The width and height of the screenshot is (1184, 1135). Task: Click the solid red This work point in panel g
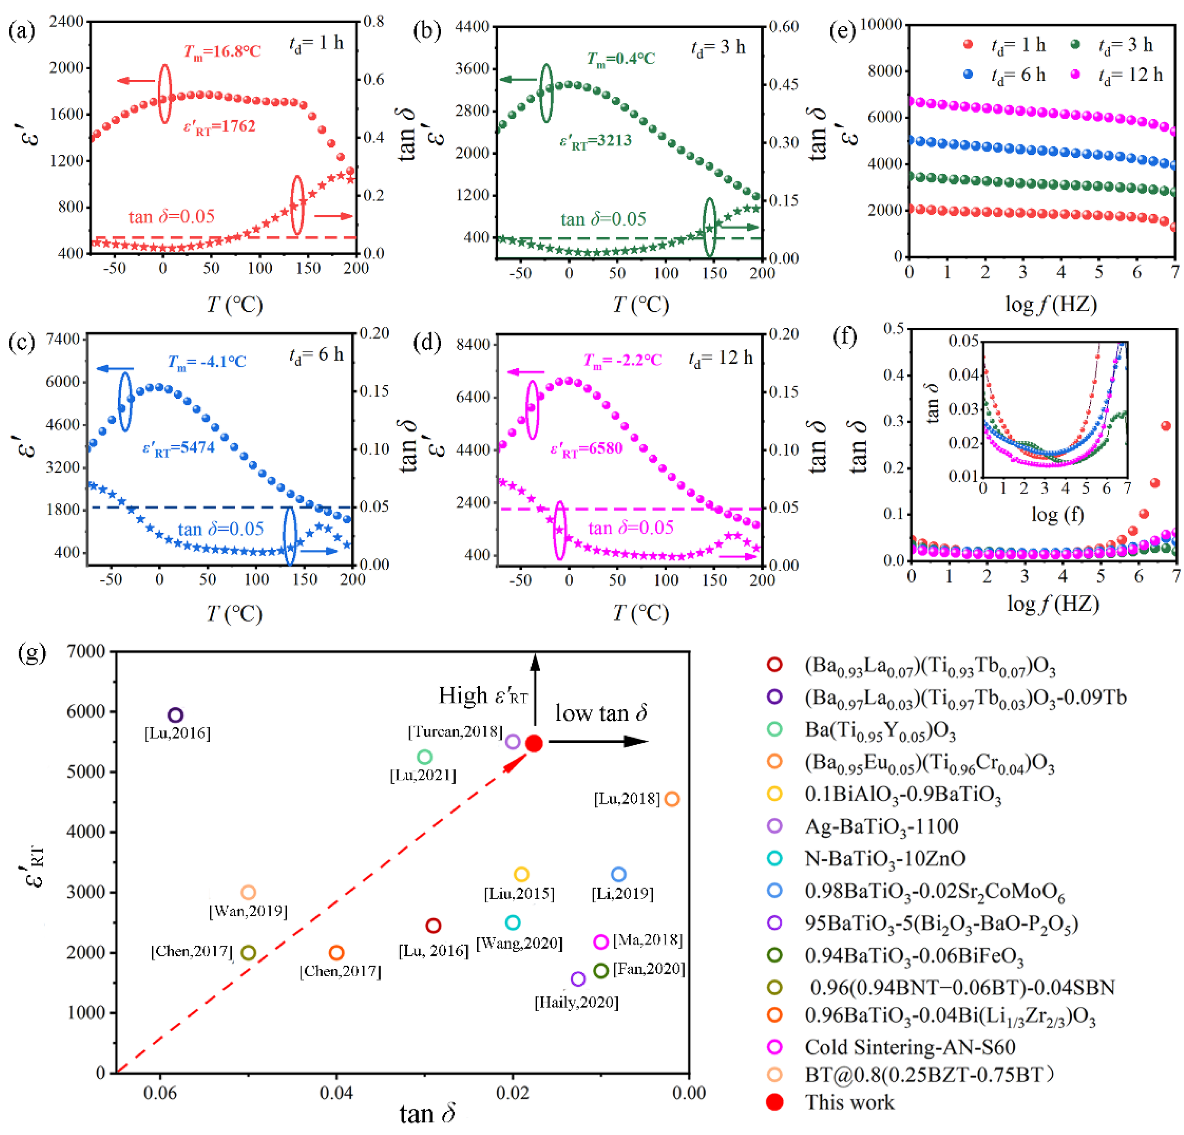click(534, 743)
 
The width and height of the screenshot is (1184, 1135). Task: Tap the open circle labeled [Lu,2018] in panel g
click(672, 799)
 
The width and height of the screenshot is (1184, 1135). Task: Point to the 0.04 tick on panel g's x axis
click(337, 1093)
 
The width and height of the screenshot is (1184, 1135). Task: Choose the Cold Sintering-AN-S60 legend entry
click(910, 1047)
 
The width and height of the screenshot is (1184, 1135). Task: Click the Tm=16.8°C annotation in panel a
click(222, 51)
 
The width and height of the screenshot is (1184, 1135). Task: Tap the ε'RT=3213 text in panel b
click(595, 141)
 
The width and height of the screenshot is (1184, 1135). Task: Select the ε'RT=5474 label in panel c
click(178, 448)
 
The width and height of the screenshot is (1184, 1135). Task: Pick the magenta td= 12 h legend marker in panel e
click(1075, 75)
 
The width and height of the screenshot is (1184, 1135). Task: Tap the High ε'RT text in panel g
click(483, 696)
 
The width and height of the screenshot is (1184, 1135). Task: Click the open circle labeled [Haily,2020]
click(578, 979)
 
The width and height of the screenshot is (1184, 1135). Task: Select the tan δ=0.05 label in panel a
click(171, 216)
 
